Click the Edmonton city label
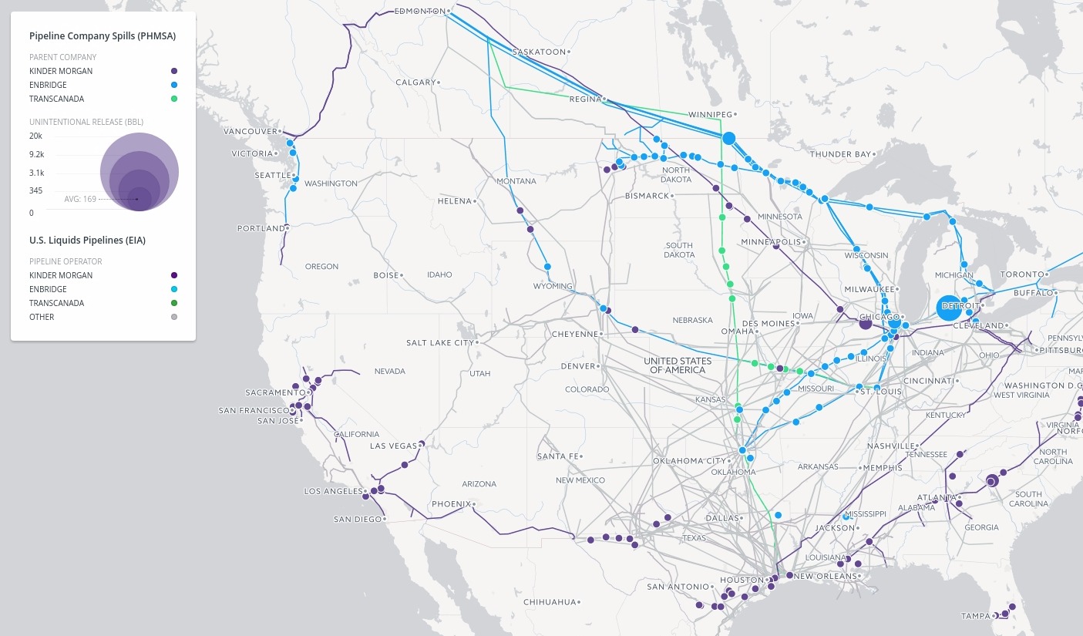click(419, 11)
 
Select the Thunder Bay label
click(840, 154)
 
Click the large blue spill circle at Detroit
click(948, 308)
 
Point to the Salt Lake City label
click(440, 342)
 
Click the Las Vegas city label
click(393, 446)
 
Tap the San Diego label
click(358, 519)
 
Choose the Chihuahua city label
click(550, 601)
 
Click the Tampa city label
click(975, 616)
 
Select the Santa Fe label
click(557, 456)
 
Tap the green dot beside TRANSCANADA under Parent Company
click(174, 99)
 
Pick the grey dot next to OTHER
click(174, 317)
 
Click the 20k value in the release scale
click(35, 136)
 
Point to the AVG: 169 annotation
click(79, 199)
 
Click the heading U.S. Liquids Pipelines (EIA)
click(87, 241)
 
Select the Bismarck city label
click(647, 196)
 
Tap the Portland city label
click(261, 228)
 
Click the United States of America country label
click(678, 365)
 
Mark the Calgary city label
click(415, 82)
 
